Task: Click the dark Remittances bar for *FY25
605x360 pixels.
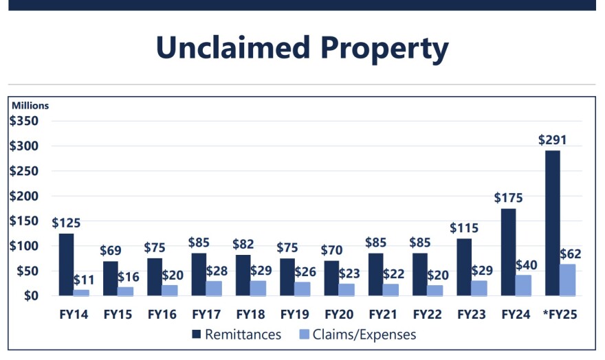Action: pyautogui.click(x=553, y=223)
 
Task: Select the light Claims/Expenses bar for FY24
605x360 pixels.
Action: pyautogui.click(x=523, y=285)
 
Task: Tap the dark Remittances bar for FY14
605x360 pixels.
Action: pyautogui.click(x=66, y=265)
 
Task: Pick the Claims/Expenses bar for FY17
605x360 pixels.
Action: pyautogui.click(x=214, y=288)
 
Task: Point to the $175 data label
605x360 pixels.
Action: pyautogui.click(x=509, y=198)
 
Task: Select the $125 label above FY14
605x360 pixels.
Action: pyautogui.click(x=66, y=223)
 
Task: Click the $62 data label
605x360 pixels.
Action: pyautogui.click(x=571, y=254)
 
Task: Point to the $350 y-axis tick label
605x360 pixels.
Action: pyautogui.click(x=24, y=121)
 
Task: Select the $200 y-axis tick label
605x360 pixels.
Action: pyautogui.click(x=24, y=196)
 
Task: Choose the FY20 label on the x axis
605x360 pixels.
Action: pyautogui.click(x=338, y=315)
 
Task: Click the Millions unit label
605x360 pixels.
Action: pyautogui.click(x=30, y=106)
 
